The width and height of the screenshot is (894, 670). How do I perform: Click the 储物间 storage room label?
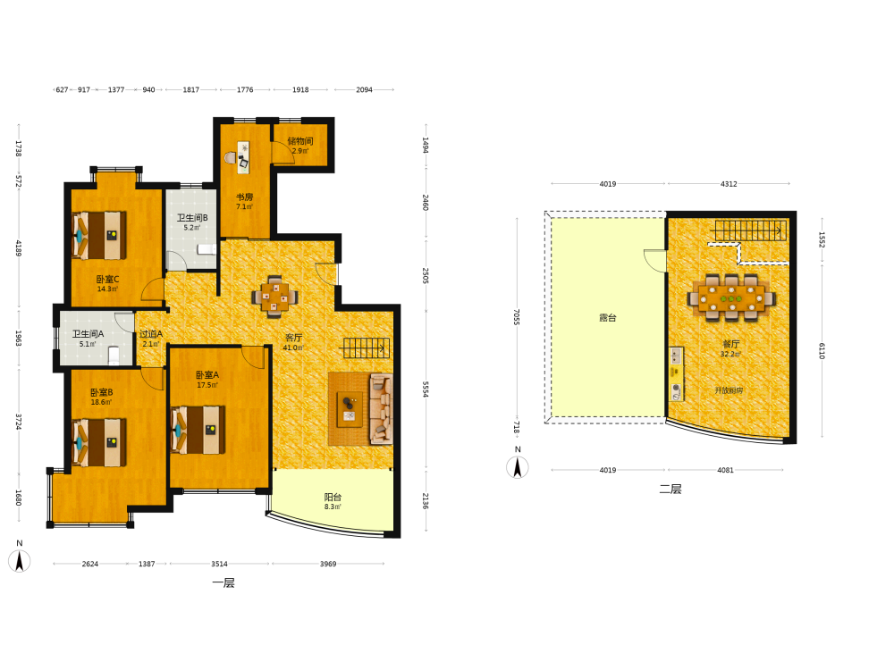(299, 141)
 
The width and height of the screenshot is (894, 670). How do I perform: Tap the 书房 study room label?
(245, 197)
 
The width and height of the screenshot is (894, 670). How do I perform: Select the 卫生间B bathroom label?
(192, 218)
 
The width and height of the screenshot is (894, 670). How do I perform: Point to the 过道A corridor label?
(151, 334)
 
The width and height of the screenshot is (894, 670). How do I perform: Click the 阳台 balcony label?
(333, 497)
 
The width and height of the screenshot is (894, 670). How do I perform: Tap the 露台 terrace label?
(608, 317)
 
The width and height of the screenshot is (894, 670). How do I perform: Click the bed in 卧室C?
(99, 235)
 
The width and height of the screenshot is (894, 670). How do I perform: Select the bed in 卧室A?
(198, 430)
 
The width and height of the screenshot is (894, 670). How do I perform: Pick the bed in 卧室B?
(99, 442)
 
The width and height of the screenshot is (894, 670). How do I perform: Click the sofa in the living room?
(381, 408)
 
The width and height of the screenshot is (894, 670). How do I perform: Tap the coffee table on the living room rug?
(350, 409)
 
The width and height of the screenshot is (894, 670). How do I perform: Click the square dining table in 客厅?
(274, 297)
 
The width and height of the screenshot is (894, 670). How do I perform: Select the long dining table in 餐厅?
(731, 298)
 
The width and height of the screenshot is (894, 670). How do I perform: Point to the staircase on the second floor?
(751, 230)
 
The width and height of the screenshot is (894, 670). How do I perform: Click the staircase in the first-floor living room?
(366, 348)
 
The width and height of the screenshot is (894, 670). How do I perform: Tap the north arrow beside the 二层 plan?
(517, 467)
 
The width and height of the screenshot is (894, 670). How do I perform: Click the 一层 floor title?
(223, 582)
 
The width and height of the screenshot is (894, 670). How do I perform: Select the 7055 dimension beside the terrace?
(517, 317)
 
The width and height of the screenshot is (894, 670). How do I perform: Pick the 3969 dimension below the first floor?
(328, 564)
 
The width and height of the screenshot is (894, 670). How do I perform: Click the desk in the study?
(243, 157)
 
